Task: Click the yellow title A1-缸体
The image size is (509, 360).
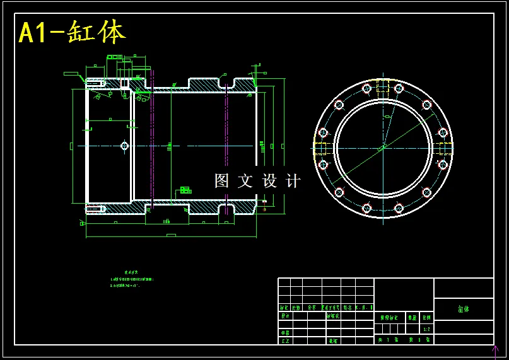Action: pos(72,32)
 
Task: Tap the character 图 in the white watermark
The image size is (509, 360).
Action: pos(221,181)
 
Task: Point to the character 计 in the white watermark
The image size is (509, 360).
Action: pos(294,181)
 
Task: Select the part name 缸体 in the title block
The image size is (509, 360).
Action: pos(464,309)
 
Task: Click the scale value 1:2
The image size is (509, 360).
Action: pos(426,329)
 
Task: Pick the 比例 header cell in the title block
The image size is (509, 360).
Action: pos(426,318)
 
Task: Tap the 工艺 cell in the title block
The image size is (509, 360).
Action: pos(285,340)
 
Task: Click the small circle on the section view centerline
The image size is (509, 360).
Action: pos(124,146)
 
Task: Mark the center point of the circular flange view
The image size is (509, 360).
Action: pos(383,148)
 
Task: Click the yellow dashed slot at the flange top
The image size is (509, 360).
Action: pos(383,86)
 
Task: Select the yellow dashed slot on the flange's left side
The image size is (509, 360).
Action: pos(320,149)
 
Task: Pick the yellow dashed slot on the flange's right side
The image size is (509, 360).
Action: pos(445,149)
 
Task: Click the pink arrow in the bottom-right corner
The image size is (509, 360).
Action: pos(494,350)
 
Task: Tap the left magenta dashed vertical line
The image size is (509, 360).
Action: pos(152,145)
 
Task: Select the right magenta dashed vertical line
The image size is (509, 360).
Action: pos(226,145)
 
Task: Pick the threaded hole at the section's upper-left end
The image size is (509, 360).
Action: pos(95,83)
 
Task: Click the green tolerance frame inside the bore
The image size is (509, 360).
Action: pos(185,190)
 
